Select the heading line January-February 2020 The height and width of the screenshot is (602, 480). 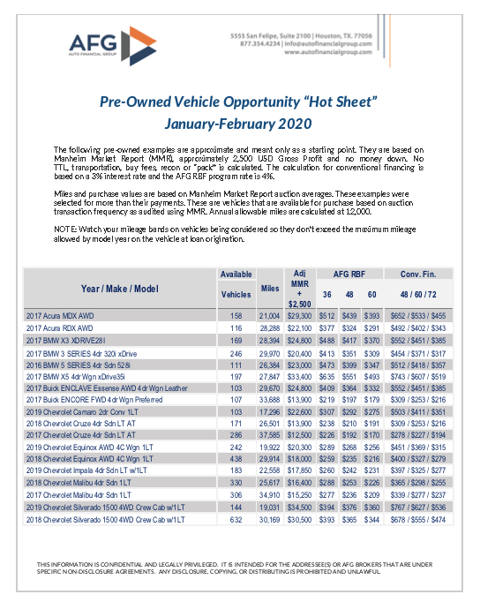pyautogui.click(x=238, y=123)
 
